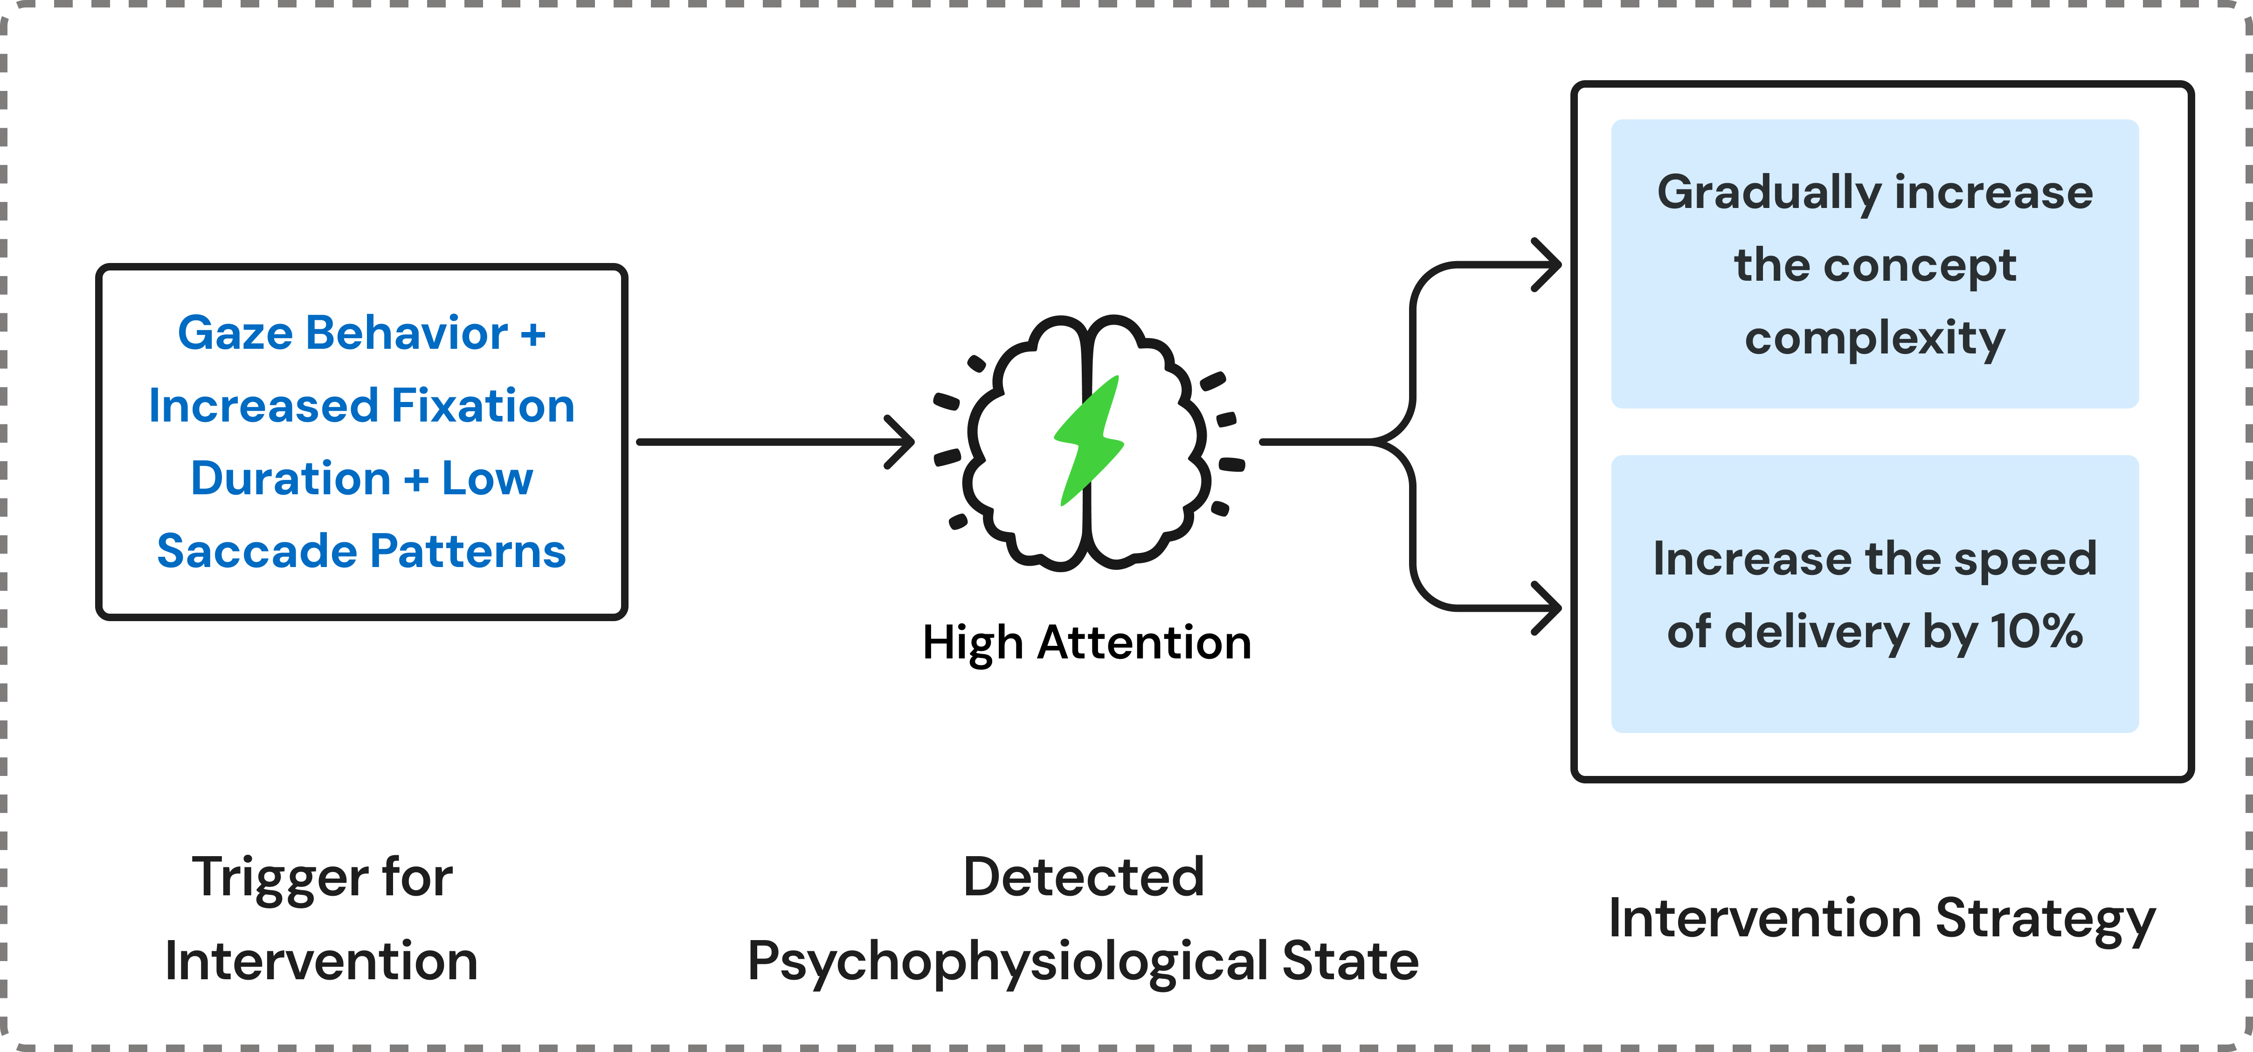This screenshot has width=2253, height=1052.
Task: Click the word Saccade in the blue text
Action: pos(256,552)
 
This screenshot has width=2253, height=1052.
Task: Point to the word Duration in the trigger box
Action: pos(290,478)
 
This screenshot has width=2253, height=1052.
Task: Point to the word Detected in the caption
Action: pos(1084,877)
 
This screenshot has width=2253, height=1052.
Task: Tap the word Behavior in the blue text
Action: pos(407,333)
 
